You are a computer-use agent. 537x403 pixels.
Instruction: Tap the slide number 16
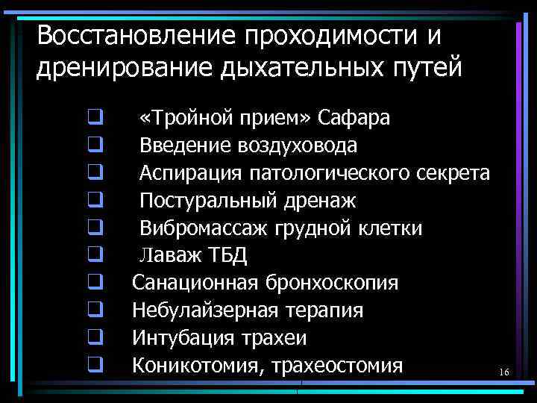[x=503, y=372]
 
